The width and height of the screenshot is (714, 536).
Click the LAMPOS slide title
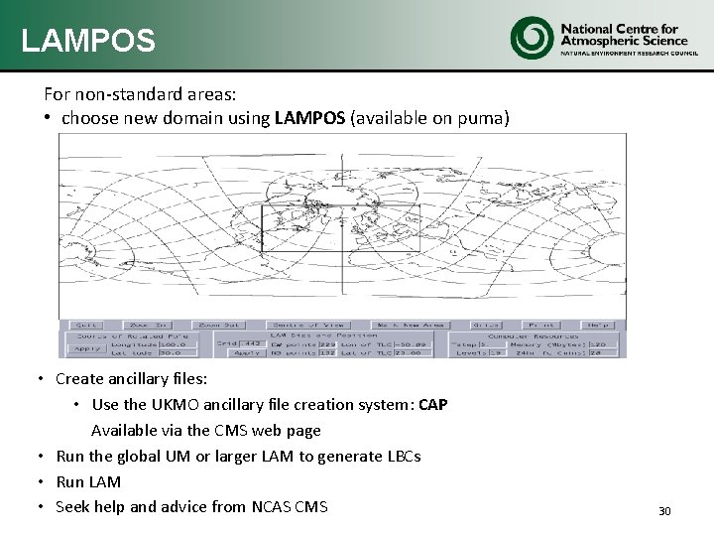coord(88,41)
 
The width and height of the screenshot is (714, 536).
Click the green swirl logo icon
coord(531,37)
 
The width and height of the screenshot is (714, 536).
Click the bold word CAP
coord(433,405)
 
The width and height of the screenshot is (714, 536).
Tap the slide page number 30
coord(664,511)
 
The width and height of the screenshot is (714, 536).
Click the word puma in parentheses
coord(483,118)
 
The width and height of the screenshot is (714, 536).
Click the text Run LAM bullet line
coord(88,481)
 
